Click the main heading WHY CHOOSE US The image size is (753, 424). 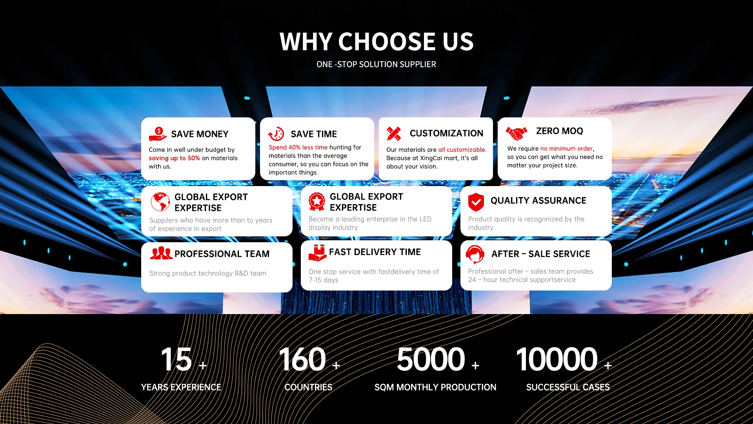pos(376,42)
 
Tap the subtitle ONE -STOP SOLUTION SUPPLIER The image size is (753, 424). pos(376,64)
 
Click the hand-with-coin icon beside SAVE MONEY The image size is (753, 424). pos(158,134)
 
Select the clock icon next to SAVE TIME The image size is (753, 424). pos(276,134)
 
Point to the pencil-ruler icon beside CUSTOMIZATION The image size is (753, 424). pos(394,134)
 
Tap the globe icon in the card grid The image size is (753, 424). pos(160,202)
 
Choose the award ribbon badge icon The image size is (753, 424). pos(317,202)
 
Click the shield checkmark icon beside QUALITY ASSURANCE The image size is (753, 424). pos(476,202)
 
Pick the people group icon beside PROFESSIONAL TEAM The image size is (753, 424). pos(161,253)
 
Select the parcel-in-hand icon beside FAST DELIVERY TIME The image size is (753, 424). pos(318,253)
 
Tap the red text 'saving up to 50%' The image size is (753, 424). pos(175,158)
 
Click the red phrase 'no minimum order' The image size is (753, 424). pos(567,148)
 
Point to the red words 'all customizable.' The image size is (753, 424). pos(462,150)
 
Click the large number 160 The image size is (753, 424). pos(302,359)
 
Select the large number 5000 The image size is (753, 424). pos(431,359)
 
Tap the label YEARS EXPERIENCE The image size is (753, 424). pos(181,387)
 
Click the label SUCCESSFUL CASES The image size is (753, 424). pos(568,387)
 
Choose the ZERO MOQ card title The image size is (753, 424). pos(560,131)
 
